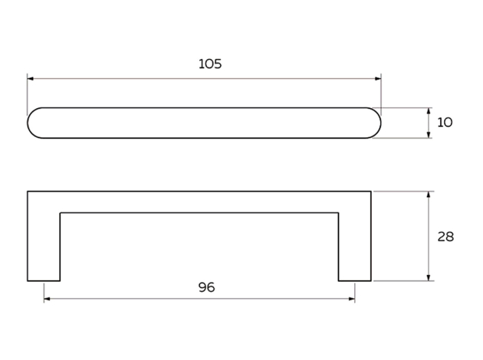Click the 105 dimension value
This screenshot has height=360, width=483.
pyautogui.click(x=210, y=64)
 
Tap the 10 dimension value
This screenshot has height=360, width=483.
pyautogui.click(x=445, y=123)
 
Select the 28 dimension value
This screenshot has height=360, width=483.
pyautogui.click(x=445, y=237)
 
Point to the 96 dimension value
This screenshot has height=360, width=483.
pyautogui.click(x=206, y=287)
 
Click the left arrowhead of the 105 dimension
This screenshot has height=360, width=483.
pyautogui.click(x=31, y=79)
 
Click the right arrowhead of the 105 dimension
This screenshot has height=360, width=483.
pyautogui.click(x=378, y=79)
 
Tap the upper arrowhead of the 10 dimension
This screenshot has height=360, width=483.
pyautogui.click(x=429, y=111)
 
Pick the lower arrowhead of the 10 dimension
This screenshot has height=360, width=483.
pyautogui.click(x=429, y=135)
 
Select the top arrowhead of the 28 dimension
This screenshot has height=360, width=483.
pyautogui.click(x=429, y=195)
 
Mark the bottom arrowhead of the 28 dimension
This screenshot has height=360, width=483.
pyautogui.click(x=429, y=277)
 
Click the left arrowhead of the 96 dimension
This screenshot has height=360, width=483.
pyautogui.click(x=47, y=299)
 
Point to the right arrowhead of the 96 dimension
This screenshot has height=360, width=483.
pyautogui.click(x=351, y=299)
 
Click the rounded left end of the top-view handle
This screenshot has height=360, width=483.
pyautogui.click(x=28, y=123)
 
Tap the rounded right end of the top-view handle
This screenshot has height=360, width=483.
pyautogui.click(x=380, y=123)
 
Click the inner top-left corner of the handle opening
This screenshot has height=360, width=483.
pyautogui.click(x=60, y=213)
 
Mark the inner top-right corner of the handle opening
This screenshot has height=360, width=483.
pyautogui.click(x=339, y=213)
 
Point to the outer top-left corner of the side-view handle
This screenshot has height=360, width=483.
pyautogui.click(x=28, y=191)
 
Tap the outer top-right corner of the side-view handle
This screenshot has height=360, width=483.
pyautogui.click(x=371, y=191)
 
